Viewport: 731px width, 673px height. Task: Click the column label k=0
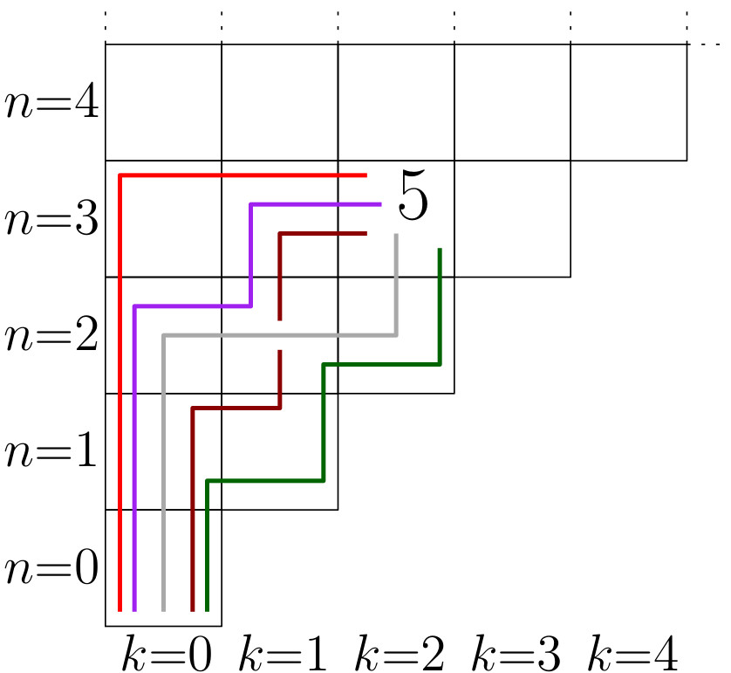166,654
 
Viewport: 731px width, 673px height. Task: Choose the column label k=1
283,654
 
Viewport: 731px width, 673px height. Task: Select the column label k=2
400,654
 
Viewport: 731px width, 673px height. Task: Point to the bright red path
120,393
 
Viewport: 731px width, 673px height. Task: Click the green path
324,419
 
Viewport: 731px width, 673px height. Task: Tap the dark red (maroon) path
192,506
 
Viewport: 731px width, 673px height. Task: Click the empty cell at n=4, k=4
628,102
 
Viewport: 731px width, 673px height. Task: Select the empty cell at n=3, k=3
512,218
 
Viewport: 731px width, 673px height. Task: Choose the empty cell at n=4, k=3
512,102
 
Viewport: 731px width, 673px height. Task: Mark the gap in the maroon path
280,334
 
